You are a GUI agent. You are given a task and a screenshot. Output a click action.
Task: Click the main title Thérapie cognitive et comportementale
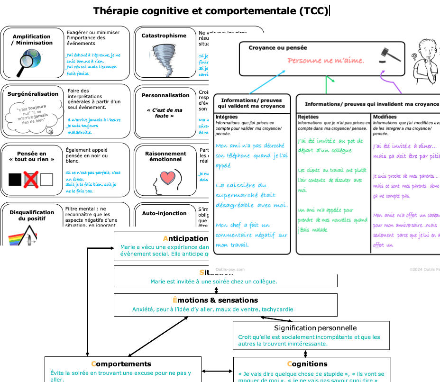(x=211, y=11)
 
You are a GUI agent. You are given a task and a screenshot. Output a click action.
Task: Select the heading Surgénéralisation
(x=33, y=94)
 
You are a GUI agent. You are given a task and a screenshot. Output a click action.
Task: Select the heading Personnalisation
(x=165, y=95)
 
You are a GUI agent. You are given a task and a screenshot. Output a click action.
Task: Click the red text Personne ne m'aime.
(x=326, y=61)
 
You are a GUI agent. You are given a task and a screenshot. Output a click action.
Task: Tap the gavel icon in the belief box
(x=389, y=55)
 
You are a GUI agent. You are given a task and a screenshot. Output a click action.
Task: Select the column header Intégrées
(x=227, y=117)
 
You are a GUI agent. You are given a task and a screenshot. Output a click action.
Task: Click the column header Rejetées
(x=308, y=117)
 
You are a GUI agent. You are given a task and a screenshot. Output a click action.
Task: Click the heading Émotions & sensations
(x=215, y=300)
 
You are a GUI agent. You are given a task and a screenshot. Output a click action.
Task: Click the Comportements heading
(x=121, y=364)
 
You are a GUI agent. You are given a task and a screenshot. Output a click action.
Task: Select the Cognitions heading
(x=307, y=364)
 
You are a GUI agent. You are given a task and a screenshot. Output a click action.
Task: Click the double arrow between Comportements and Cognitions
(x=217, y=371)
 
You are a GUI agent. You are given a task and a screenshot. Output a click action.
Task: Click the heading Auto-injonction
(x=165, y=214)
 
